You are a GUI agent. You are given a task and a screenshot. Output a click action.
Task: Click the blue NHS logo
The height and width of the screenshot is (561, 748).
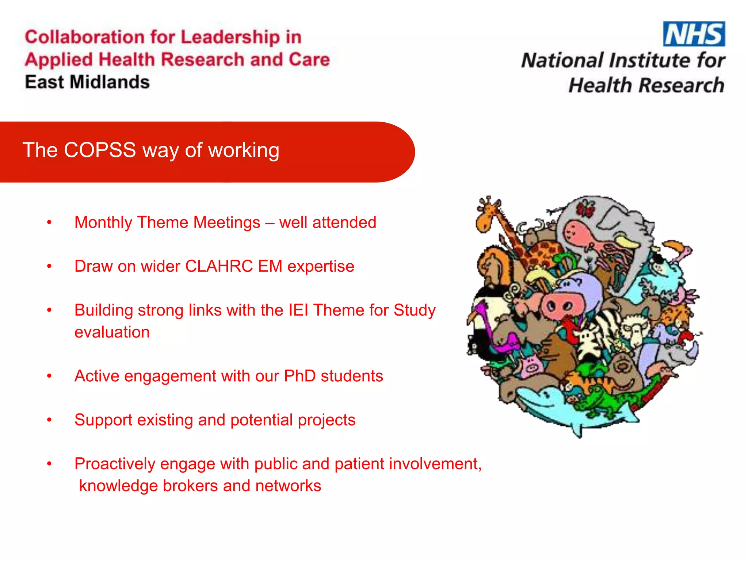[x=694, y=34]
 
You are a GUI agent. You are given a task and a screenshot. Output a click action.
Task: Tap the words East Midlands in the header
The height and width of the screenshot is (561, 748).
[x=87, y=82]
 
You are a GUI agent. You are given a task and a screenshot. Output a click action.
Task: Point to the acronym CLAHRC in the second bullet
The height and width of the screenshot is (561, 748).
[x=219, y=266]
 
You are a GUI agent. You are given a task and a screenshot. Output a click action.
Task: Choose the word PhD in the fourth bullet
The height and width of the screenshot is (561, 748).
[x=299, y=376]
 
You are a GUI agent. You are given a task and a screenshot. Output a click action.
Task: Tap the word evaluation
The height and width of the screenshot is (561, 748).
[x=112, y=332]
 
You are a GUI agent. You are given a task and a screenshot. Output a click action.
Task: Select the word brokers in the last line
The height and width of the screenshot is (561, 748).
[x=190, y=486]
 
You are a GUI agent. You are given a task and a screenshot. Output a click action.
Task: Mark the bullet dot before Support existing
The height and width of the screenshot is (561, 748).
[x=49, y=420]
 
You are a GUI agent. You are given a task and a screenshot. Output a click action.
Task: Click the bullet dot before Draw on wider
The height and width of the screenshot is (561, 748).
[x=49, y=266]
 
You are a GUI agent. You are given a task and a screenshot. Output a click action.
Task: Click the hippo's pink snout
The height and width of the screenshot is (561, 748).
[x=560, y=305]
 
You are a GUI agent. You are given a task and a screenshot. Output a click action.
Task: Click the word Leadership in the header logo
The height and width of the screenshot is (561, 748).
[x=230, y=37]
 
